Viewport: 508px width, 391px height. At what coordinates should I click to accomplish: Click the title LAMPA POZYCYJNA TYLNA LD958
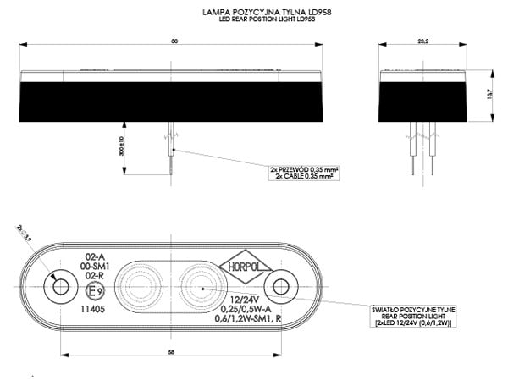254,12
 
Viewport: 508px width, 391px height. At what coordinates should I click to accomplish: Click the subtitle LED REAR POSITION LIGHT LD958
254,19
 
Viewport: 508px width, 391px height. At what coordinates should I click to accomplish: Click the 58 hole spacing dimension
171,352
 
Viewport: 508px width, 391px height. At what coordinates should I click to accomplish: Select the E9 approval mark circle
96,292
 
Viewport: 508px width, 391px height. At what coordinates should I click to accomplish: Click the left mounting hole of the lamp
60,289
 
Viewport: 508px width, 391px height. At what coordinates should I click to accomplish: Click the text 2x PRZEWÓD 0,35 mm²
305,170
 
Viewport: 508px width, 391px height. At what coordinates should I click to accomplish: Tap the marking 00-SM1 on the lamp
95,266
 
